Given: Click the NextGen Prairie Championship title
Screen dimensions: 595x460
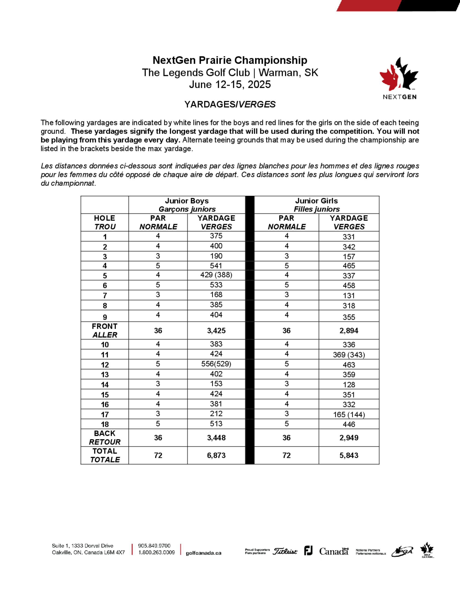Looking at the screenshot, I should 230,60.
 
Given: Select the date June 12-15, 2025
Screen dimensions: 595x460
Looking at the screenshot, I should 230,84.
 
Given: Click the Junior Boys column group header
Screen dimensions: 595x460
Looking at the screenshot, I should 187,205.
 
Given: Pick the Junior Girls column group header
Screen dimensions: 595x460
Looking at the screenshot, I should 316,205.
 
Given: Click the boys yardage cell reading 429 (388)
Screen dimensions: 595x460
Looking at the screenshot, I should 216,275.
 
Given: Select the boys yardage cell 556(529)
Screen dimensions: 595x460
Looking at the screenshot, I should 216,364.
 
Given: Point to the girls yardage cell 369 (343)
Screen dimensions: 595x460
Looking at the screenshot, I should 349,355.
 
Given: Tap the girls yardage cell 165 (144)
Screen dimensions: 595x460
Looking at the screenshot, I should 349,415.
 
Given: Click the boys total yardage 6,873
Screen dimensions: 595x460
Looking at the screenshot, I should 216,455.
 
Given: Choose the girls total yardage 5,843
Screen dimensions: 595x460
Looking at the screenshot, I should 349,455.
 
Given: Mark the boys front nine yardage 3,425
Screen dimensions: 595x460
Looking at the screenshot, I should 216,331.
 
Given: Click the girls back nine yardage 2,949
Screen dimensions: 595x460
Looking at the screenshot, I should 349,438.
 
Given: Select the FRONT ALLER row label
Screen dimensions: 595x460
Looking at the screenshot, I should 105,331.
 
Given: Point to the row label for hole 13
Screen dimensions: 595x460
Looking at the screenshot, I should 105,375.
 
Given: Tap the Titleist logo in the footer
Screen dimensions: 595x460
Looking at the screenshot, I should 285,551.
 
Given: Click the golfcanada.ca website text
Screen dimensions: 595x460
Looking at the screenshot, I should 203,553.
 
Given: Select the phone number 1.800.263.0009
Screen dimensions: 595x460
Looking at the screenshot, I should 156,552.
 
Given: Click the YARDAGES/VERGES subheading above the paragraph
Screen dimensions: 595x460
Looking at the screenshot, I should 230,104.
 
